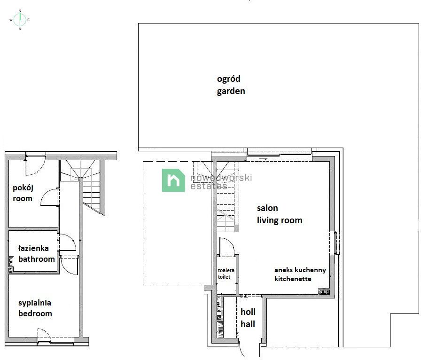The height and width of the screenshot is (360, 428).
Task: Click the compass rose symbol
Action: pyautogui.click(x=20, y=19)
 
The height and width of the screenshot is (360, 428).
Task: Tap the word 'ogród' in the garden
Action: pyautogui.click(x=228, y=79)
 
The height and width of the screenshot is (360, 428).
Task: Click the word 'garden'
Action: pyautogui.click(x=231, y=91)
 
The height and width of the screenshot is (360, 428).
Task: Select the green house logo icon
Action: pyautogui.click(x=173, y=180)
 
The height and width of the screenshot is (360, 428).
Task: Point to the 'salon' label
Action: pyautogui.click(x=267, y=208)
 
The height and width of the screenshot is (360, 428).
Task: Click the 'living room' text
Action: pyautogui.click(x=279, y=220)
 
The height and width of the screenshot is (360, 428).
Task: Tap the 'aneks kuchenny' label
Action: pyautogui.click(x=300, y=270)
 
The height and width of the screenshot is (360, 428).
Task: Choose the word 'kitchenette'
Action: pyautogui.click(x=293, y=279)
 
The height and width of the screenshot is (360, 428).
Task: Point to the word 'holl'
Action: pyautogui.click(x=248, y=312)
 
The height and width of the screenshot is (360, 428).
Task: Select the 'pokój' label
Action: pyautogui.click(x=23, y=188)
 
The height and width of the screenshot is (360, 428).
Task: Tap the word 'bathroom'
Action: pyautogui.click(x=36, y=258)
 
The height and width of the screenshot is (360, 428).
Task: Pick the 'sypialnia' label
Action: pyautogui.click(x=34, y=303)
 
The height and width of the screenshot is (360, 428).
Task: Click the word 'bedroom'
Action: pyautogui.click(x=35, y=313)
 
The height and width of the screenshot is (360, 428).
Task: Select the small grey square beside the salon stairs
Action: pyautogui.click(x=236, y=228)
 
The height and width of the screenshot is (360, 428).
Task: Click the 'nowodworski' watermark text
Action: pyautogui.click(x=221, y=178)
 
